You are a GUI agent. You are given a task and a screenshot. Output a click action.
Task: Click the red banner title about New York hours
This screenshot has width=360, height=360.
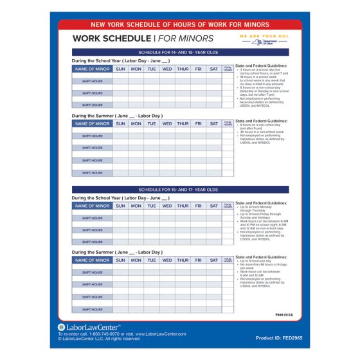coord(179,24)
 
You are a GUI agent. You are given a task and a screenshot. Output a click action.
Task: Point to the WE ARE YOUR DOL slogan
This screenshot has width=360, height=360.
coord(264,36)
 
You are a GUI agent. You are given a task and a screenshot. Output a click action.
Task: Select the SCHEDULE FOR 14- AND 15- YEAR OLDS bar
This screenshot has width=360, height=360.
coord(179,52)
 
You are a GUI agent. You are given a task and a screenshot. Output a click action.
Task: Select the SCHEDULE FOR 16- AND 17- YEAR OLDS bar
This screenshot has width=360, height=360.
coord(179,190)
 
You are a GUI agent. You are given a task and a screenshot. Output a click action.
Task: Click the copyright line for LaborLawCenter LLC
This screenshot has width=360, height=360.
coord(100,339)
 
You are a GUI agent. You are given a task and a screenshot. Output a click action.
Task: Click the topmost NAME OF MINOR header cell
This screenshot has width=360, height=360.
coord(92,69)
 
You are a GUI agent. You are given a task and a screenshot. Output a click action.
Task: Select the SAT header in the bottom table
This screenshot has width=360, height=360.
coord(213,261)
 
